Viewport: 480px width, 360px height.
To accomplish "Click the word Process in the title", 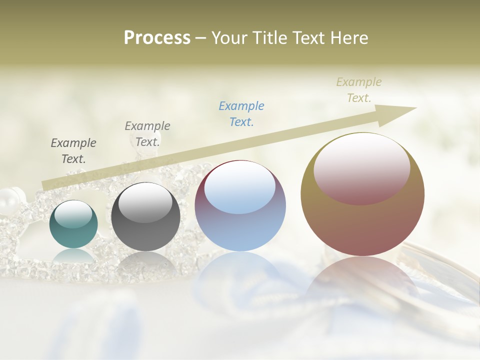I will coord(157,38).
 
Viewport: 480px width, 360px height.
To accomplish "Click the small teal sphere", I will coord(73,224).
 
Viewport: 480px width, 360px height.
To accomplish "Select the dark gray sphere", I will coord(145,217).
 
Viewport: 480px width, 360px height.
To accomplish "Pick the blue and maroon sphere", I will coord(240,206).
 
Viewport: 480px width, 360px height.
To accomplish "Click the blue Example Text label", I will coord(241,113).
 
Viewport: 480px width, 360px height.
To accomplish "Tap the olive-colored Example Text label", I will coord(359,90).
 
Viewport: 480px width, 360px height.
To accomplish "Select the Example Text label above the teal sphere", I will coord(73,150).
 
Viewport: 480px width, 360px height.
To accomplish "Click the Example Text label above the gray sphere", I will coord(147,133).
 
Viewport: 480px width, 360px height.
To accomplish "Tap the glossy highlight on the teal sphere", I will coord(73,214).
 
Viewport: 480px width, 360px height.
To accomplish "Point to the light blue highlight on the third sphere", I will coord(239,187).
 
